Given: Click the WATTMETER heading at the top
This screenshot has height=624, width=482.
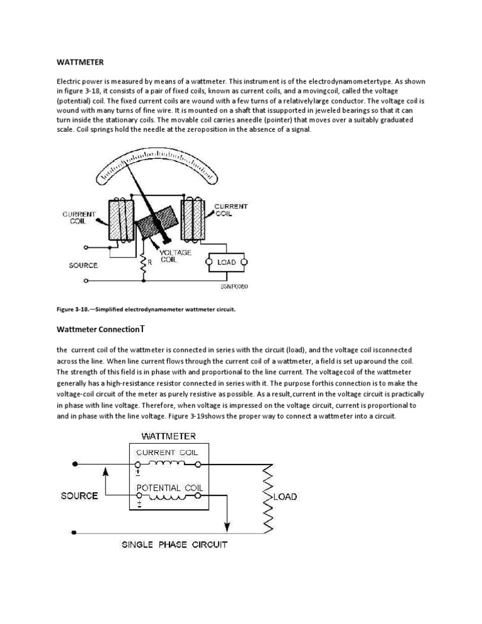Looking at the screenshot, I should point(80,63).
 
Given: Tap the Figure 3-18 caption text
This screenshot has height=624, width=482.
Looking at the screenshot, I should point(146,309).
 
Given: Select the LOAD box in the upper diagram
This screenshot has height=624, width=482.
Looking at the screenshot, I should point(226,262).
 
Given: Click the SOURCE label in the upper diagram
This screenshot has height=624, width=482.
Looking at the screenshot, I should point(83,265).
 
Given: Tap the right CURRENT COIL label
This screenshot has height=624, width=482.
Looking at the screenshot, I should point(231,210).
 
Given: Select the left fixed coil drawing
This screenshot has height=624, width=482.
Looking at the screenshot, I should point(122,220).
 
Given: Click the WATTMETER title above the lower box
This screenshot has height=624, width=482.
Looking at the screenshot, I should point(168,435).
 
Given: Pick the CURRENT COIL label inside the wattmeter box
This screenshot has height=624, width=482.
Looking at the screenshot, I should point(169,452).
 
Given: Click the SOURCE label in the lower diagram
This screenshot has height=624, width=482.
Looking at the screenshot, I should point(80,496).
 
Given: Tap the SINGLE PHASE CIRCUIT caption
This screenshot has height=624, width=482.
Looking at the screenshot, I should point(174,544).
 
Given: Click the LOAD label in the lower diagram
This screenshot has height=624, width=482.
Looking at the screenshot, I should point(286,497).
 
